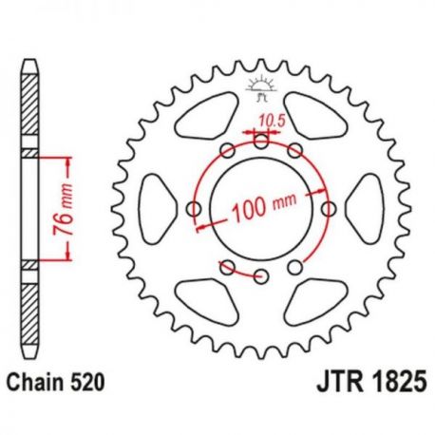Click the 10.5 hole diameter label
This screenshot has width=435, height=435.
(x=272, y=121)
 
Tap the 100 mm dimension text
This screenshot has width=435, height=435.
(x=264, y=207)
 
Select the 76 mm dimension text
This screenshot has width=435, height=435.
(x=63, y=209)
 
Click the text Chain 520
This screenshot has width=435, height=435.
(x=56, y=382)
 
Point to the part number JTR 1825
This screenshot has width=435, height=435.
(x=371, y=382)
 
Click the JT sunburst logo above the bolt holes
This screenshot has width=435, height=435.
(x=261, y=88)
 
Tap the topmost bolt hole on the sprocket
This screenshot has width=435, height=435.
(x=261, y=142)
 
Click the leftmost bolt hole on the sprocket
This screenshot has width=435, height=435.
(x=194, y=209)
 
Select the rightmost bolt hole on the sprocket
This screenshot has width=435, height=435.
(x=329, y=209)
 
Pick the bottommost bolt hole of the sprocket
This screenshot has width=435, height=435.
(x=261, y=276)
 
